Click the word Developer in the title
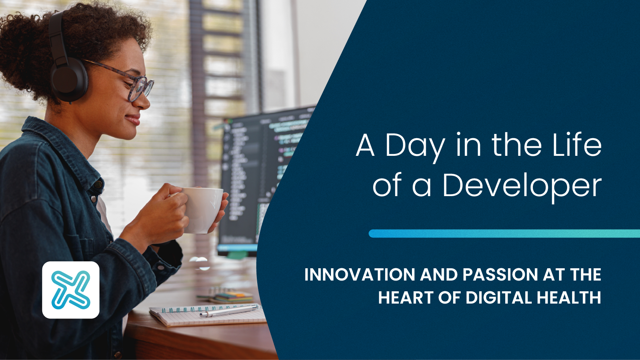coord(522,187)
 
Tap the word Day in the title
coord(415,147)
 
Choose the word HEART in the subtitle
coord(406,298)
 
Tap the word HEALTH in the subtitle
coord(569,298)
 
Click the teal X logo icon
coord(71,290)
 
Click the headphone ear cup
coord(69,79)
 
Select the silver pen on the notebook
coord(228,311)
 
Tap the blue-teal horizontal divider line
coord(504,233)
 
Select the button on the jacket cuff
coord(160,268)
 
